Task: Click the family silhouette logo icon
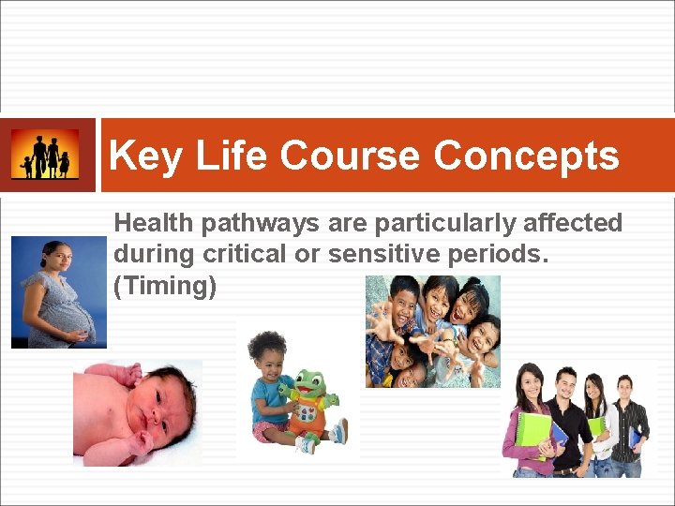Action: [45, 155]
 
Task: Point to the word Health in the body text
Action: [151, 223]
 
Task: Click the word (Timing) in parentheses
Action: [164, 285]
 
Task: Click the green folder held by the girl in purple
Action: [534, 432]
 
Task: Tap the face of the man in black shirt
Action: [565, 382]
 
